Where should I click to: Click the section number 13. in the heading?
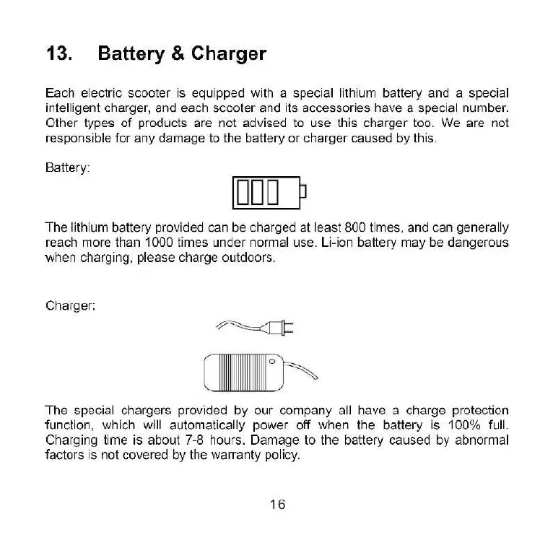point(58,54)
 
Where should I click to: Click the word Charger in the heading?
point(229,54)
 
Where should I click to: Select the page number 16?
point(277,505)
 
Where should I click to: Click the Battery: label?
point(68,168)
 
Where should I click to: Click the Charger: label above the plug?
point(70,305)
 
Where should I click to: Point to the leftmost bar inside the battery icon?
point(243,191)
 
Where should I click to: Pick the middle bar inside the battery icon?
point(258,191)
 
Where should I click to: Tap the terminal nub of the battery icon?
point(303,191)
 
